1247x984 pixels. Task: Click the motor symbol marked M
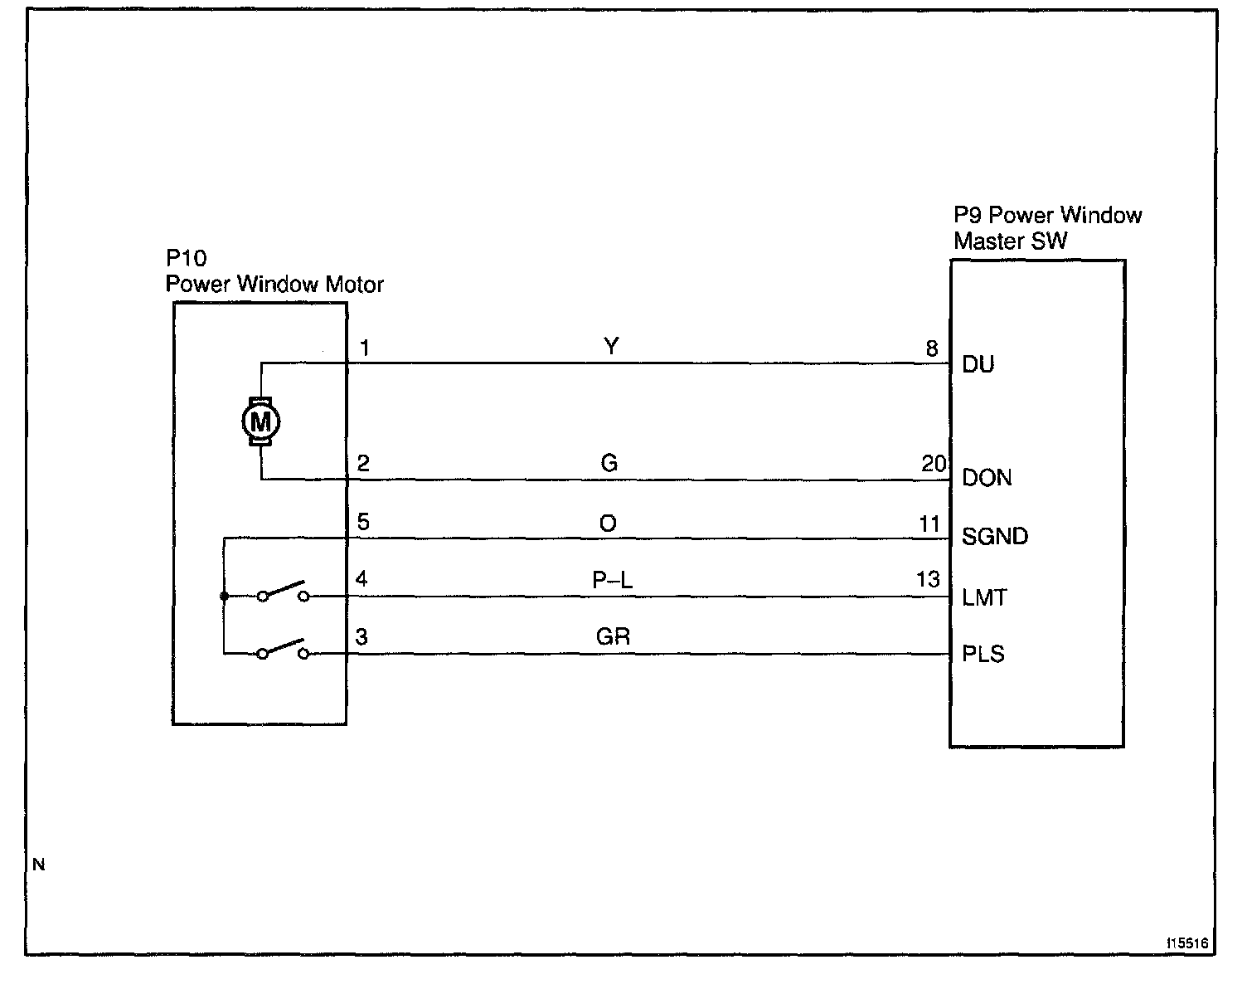coord(260,422)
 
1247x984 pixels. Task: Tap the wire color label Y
coord(611,346)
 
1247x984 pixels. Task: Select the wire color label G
coord(609,463)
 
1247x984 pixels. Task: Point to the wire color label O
coord(608,524)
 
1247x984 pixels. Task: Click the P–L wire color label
coord(613,581)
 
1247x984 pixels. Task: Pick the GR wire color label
coord(613,637)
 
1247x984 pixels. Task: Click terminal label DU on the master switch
coord(978,364)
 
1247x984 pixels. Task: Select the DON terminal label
coord(987,478)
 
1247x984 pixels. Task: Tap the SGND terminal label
coord(995,537)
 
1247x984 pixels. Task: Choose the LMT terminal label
coord(985,597)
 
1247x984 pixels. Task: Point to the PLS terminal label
coord(983,654)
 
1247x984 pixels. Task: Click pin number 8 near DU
coord(932,348)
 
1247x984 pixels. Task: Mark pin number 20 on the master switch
coord(934,464)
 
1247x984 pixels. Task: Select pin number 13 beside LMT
coord(929,579)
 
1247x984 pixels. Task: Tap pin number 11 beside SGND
coord(929,524)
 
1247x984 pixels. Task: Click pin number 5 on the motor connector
coord(363,523)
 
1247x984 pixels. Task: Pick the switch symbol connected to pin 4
coord(283,592)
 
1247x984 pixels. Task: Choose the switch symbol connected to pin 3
coord(283,650)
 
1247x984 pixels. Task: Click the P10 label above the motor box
coord(187,259)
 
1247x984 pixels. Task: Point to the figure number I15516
coord(1187,944)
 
